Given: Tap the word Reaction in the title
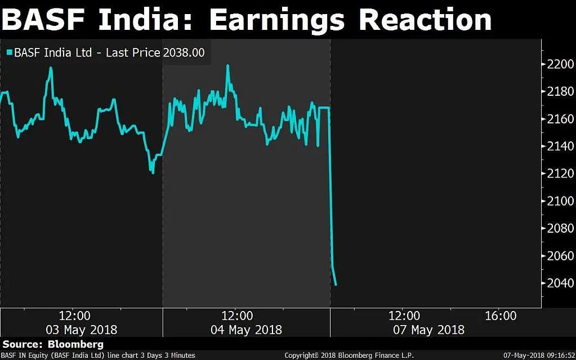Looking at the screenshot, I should pos(425,20).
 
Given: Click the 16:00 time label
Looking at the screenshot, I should pos(501,316).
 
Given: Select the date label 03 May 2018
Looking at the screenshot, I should pos(82,330).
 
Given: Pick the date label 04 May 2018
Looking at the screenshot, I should pos(246,330).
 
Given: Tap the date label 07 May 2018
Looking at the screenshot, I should pos(428,330).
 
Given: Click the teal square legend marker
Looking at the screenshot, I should pos(9,53).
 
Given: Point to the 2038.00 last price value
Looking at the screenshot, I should pos(184,53).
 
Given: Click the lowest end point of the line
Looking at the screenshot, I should pos(336,285).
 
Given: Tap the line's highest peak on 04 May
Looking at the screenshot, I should pos(227,65).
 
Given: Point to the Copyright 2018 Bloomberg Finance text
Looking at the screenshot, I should pos(349,355).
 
